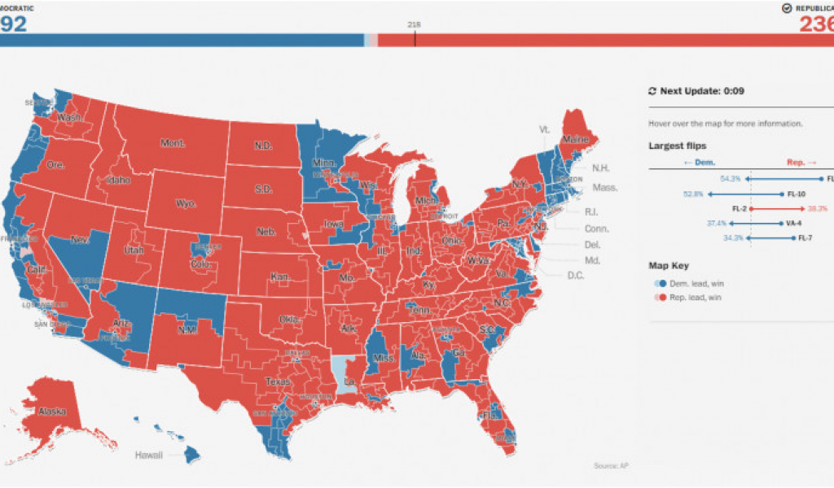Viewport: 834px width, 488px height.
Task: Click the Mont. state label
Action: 173,143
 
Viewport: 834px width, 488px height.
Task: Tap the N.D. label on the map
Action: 263,146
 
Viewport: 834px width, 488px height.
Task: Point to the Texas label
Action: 277,381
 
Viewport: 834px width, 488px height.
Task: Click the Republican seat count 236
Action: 816,24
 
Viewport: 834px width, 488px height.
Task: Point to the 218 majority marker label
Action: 414,24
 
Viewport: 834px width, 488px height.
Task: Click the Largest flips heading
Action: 677,146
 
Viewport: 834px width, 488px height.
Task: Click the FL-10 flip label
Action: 796,194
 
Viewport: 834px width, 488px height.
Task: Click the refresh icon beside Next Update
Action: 652,91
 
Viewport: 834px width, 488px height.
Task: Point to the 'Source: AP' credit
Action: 612,465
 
